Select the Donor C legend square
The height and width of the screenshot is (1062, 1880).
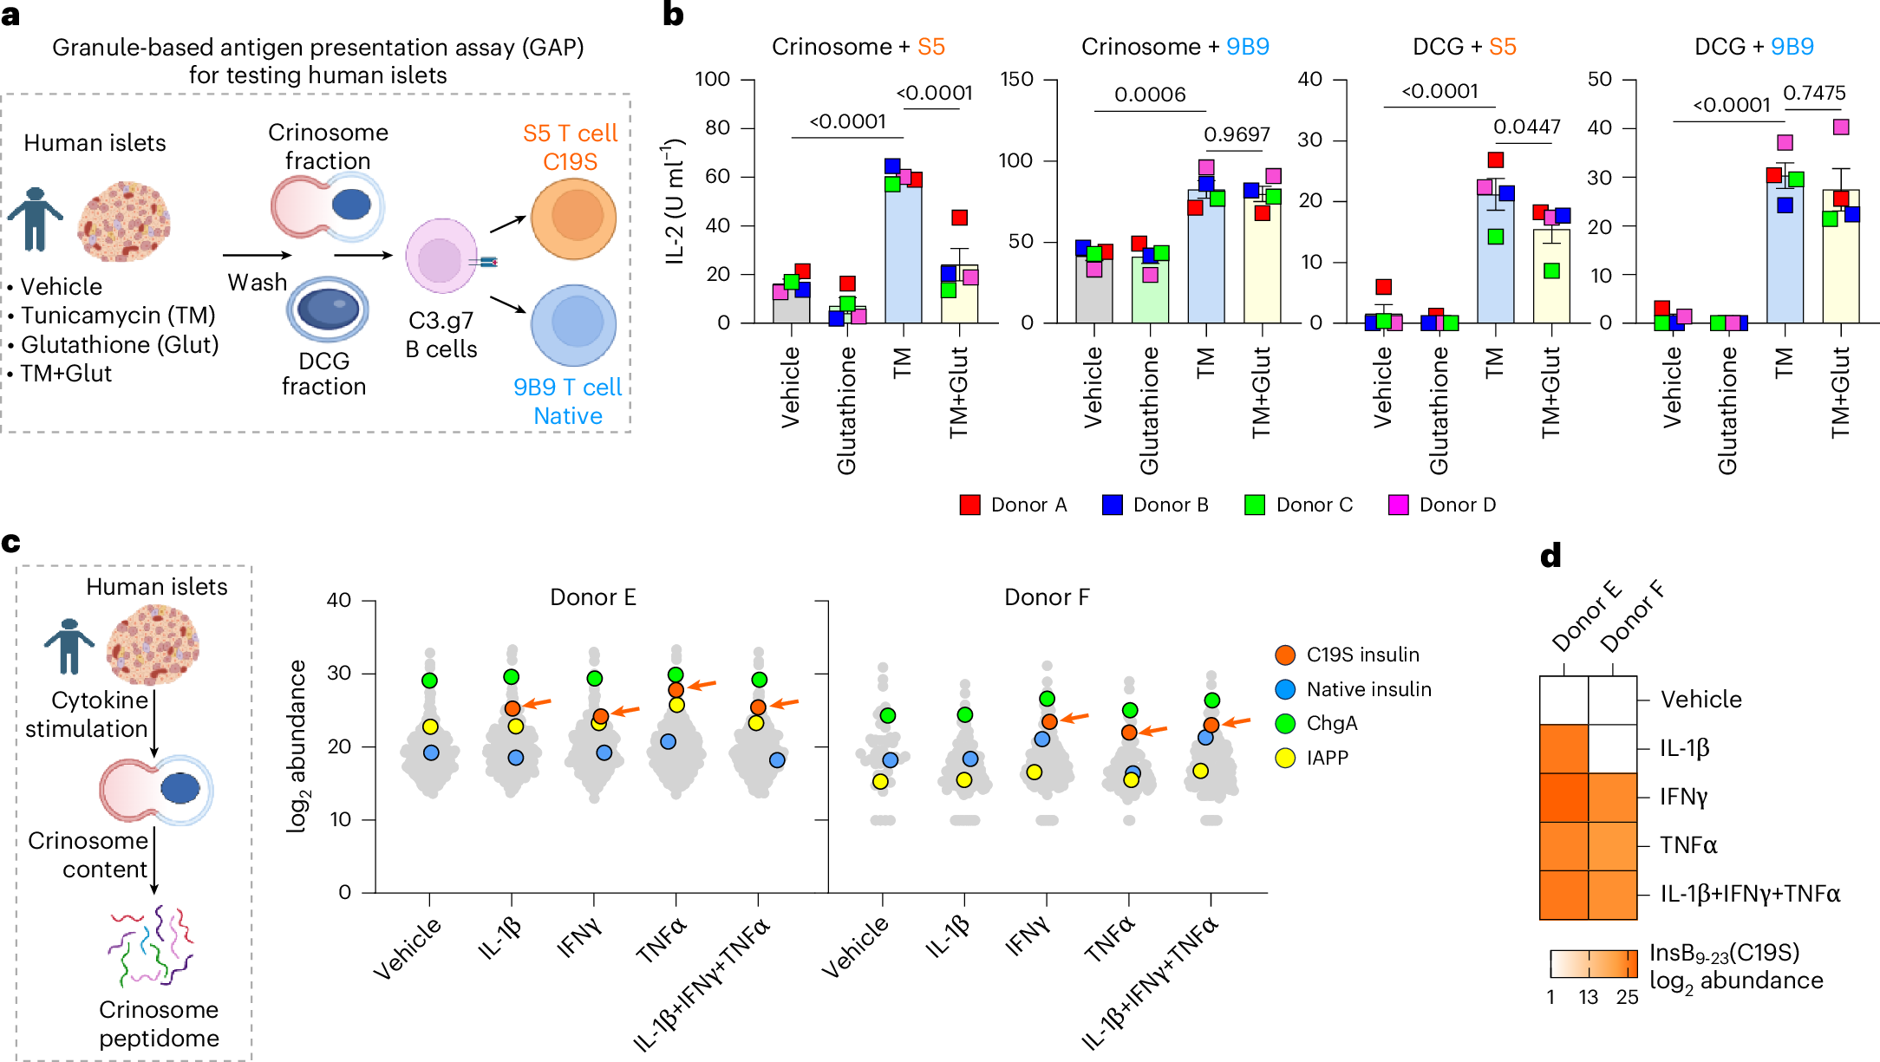coord(1254,505)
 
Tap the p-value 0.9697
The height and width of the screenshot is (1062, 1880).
coord(1237,134)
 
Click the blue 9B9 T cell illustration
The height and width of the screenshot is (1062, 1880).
coord(573,324)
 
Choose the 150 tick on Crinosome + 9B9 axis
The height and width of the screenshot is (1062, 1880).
coord(1016,80)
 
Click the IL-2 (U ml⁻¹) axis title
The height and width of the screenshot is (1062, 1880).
coord(676,201)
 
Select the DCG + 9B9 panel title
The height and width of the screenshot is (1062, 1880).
coord(1753,47)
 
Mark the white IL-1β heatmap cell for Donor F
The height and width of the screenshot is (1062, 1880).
coord(1612,748)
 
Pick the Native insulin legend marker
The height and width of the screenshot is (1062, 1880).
coord(1285,689)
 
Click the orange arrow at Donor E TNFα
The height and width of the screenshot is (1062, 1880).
coord(702,686)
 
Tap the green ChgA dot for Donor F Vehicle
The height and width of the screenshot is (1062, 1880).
coord(887,715)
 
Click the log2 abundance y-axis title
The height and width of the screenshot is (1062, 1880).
coord(297,746)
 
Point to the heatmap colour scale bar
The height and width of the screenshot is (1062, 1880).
coord(1593,964)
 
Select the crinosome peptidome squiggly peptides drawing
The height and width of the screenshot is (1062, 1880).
coord(153,946)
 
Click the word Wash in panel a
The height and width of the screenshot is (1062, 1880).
coord(257,283)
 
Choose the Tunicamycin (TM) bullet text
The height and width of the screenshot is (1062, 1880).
coord(118,316)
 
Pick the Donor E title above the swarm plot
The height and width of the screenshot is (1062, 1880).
coord(592,597)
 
